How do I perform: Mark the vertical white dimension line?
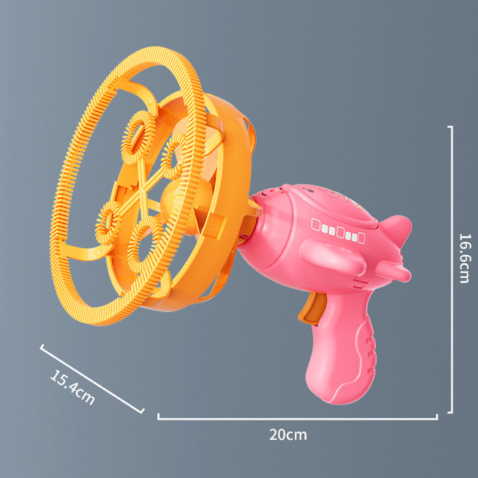(452, 269)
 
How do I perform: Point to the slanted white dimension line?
(93, 378)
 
